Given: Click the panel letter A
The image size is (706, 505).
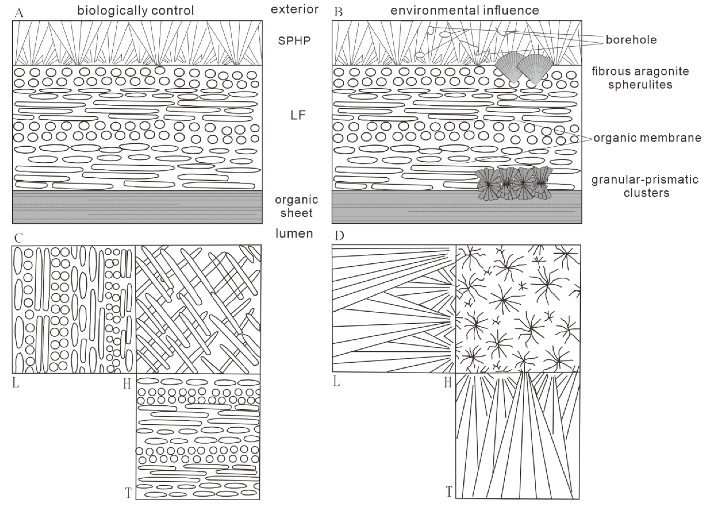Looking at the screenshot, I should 19,13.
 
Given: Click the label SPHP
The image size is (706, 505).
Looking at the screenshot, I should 294,41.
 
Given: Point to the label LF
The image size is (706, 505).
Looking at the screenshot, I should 298,115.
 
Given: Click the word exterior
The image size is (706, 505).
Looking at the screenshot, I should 295,9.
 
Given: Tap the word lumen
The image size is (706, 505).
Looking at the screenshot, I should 294,233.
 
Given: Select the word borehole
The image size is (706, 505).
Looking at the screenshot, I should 631,40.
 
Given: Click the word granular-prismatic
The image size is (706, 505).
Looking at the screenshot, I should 645,180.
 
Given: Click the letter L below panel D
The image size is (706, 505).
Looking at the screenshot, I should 336,381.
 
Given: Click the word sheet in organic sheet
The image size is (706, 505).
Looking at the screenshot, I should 296,213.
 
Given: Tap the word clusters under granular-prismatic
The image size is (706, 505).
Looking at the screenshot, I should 646,193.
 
